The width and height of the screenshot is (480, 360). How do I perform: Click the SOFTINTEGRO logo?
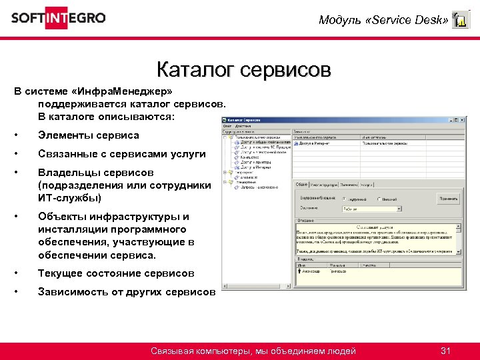coord(58,18)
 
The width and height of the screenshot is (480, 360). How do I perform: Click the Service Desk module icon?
coord(460,20)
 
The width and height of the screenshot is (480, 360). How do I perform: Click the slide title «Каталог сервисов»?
coord(243,69)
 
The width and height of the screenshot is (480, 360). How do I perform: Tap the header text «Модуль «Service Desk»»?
coord(383,20)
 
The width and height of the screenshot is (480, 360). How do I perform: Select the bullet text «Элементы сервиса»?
coord(89,135)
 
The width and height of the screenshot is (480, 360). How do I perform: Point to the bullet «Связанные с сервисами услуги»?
coord(121,154)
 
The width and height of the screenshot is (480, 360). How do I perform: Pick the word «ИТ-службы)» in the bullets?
coord(69,198)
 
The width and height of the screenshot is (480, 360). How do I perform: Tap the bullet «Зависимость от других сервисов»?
coord(127,292)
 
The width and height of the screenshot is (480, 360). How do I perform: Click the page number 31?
coord(447,351)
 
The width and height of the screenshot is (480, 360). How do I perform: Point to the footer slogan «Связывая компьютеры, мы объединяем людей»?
coord(253,351)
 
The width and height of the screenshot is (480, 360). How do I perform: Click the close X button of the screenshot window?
coord(461,120)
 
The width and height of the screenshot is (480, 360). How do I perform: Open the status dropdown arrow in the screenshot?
coord(399,209)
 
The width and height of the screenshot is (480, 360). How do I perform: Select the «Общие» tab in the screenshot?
coord(301,185)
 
